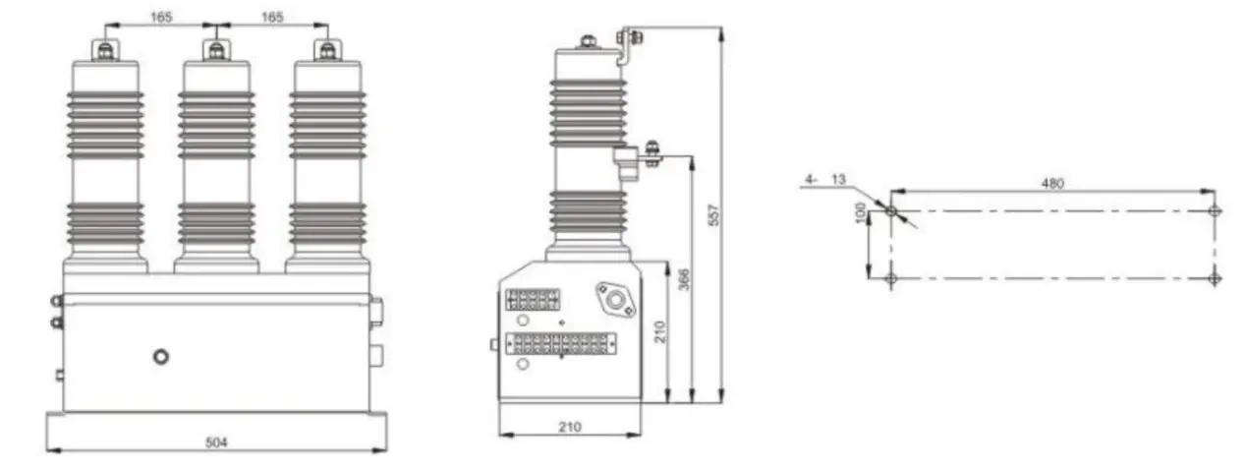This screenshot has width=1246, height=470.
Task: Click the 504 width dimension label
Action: point(216,442)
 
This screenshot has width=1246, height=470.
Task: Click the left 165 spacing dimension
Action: point(161,17)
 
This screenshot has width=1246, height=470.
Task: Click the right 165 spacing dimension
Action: point(271,17)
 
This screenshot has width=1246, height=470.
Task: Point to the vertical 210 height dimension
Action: point(659,331)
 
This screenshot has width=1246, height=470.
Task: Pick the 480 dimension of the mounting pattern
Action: point(1052,183)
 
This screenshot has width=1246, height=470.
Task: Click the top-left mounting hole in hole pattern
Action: point(891,210)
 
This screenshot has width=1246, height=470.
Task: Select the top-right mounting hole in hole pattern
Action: point(1215,210)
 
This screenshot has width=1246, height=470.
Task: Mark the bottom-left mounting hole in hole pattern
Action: point(891,278)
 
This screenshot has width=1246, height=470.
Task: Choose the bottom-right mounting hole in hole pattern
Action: point(1215,278)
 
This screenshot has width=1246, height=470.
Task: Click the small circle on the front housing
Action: point(161,356)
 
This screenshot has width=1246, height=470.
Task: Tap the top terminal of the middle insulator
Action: point(216,49)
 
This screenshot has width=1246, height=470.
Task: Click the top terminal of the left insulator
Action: point(105,49)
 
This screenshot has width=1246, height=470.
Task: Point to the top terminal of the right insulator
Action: point(326,49)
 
